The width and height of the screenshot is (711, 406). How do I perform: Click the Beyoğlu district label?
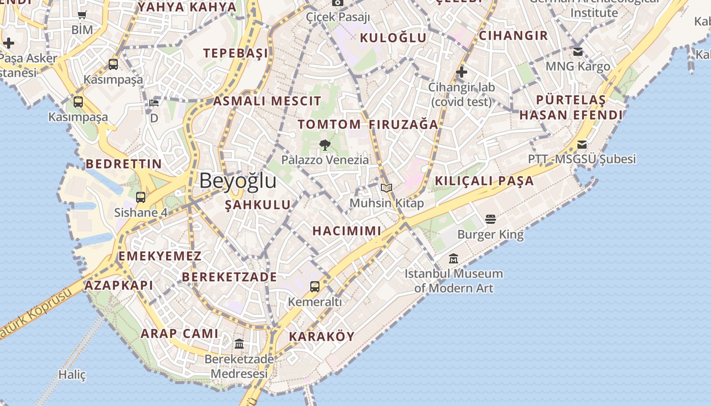(x=238, y=181)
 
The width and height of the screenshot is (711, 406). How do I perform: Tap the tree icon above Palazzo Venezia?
(x=325, y=146)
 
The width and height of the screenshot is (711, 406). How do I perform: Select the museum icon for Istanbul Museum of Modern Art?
(x=454, y=259)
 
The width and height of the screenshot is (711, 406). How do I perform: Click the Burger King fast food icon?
(x=491, y=219)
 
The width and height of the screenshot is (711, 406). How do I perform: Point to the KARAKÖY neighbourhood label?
(x=321, y=336)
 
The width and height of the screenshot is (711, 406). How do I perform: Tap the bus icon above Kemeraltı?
(x=315, y=286)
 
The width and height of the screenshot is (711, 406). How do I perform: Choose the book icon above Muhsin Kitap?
(x=386, y=188)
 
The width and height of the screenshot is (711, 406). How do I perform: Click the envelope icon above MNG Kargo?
(x=578, y=51)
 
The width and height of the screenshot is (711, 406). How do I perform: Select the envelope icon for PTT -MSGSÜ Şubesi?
(x=582, y=144)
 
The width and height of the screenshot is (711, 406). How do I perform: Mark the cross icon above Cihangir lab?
(x=461, y=72)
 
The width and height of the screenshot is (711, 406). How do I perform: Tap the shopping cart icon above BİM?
(x=82, y=15)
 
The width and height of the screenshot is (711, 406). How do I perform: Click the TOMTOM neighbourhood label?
(x=329, y=124)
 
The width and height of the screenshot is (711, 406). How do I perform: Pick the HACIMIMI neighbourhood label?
(x=347, y=231)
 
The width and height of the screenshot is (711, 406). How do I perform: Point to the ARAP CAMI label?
(x=179, y=333)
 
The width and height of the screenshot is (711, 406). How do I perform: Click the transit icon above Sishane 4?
(x=141, y=197)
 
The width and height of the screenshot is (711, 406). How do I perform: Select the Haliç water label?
(x=72, y=375)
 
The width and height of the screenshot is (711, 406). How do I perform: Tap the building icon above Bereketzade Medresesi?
(x=239, y=344)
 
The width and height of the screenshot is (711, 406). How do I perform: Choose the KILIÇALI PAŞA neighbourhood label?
(x=484, y=181)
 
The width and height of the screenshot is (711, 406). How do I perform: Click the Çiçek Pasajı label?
(x=338, y=17)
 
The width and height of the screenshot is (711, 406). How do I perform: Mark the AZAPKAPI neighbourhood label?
(x=119, y=285)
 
